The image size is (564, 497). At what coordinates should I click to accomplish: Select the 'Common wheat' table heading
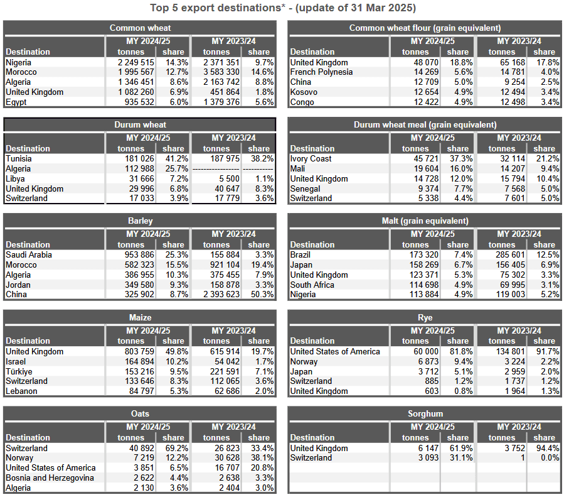pyautogui.click(x=141, y=28)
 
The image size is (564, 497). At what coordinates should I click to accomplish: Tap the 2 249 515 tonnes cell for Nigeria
pyautogui.click(x=136, y=62)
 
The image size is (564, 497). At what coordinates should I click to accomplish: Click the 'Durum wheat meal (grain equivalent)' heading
pyautogui.click(x=425, y=124)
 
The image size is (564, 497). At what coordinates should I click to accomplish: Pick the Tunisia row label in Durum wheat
pyautogui.click(x=19, y=158)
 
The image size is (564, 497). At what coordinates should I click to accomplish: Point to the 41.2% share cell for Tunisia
pyautogui.click(x=177, y=158)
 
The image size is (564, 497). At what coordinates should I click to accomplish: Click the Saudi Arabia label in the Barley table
pyautogui.click(x=29, y=254)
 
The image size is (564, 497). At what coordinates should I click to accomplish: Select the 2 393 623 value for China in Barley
pyautogui.click(x=221, y=294)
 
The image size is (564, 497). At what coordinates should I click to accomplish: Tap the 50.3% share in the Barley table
pyautogui.click(x=263, y=294)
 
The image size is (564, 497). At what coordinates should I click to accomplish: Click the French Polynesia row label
pyautogui.click(x=322, y=72)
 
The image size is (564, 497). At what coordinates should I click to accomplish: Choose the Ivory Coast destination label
pyautogui.click(x=311, y=158)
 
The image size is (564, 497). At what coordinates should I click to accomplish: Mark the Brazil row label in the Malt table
pyautogui.click(x=301, y=254)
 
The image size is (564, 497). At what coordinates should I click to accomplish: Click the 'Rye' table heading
pyautogui.click(x=425, y=317)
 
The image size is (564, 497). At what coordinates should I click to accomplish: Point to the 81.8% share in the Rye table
pyautogui.click(x=461, y=351)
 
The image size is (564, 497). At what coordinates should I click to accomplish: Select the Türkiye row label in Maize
pyautogui.click(x=19, y=371)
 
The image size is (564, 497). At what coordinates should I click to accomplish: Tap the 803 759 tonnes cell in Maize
pyautogui.click(x=139, y=351)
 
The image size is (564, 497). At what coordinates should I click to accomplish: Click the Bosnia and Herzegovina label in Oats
pyautogui.click(x=50, y=478)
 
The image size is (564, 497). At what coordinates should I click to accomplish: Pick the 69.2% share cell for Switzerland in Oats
pyautogui.click(x=177, y=448)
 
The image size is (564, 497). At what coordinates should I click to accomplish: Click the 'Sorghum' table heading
pyautogui.click(x=425, y=413)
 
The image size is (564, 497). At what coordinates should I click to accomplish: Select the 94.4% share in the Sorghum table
pyautogui.click(x=548, y=448)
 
